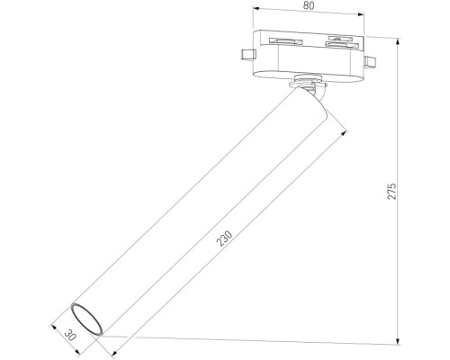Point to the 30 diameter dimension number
click(x=69, y=333)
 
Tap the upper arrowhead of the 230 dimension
click(x=346, y=131)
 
